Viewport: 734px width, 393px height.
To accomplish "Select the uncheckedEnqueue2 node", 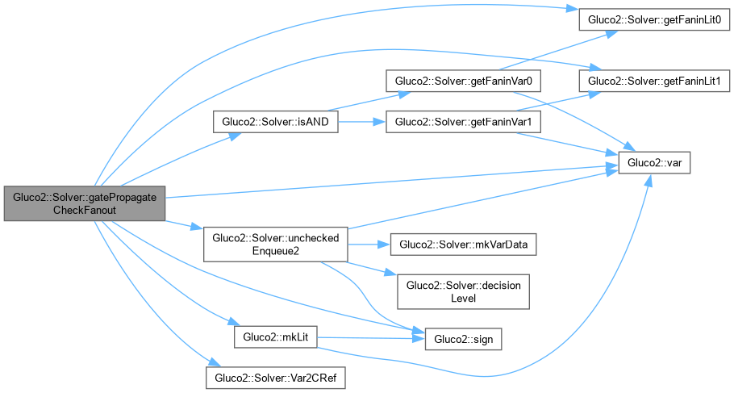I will pyautogui.click(x=275, y=243).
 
